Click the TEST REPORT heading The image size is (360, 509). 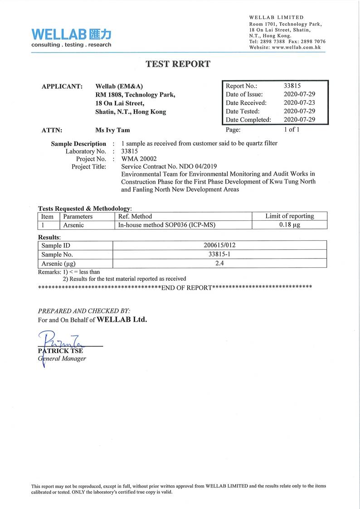point(178,64)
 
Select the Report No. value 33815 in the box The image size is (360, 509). point(292,86)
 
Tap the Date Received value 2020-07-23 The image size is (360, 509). point(299,103)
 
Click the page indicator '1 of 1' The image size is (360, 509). point(292,129)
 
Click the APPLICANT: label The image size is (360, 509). point(62,86)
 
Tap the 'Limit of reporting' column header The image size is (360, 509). point(289,216)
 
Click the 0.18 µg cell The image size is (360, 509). point(289,225)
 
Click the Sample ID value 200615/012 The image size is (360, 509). point(219,245)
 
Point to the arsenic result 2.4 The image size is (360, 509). point(219,263)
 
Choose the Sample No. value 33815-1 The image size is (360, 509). point(219,254)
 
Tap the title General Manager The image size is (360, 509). point(62,359)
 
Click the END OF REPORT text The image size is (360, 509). point(186,288)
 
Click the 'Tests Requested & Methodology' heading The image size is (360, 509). point(84,208)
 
